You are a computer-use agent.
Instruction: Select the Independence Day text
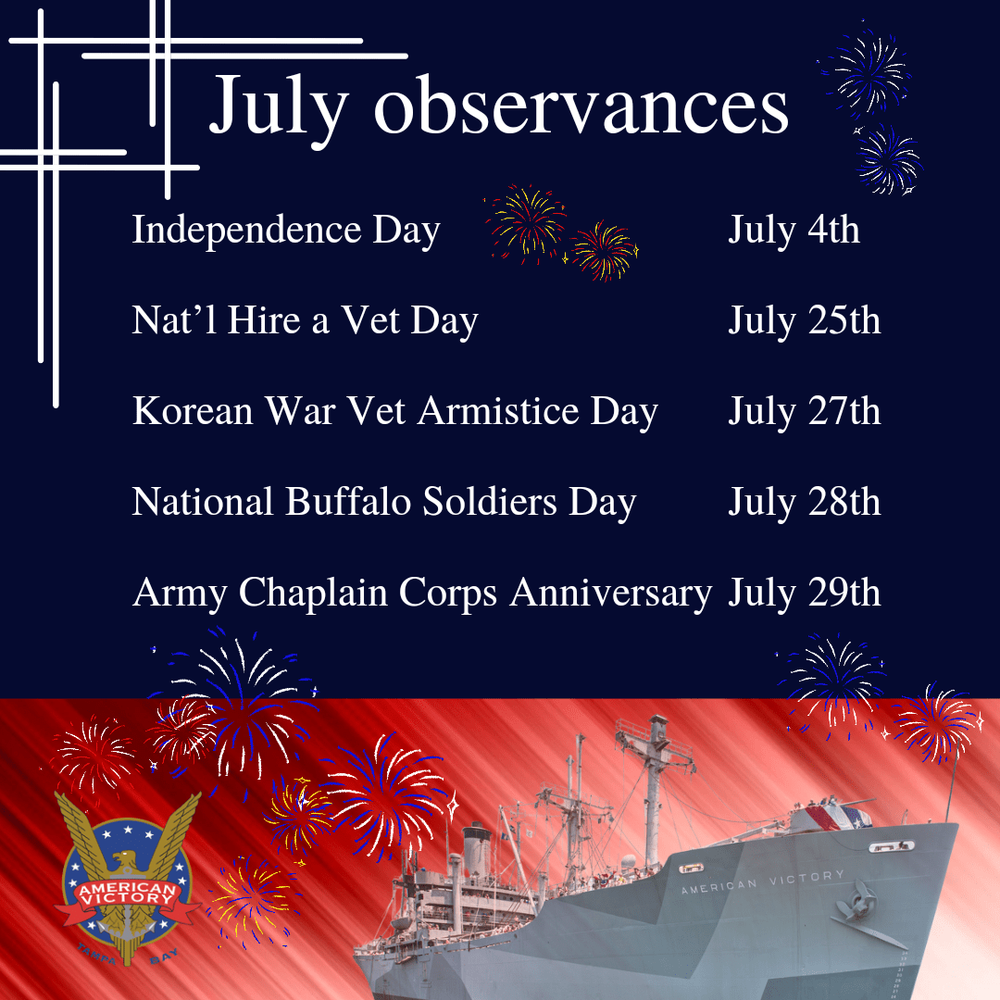[x=285, y=230]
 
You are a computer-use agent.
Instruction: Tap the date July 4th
[x=794, y=230]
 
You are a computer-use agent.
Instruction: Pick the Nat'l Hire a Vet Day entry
[x=305, y=320]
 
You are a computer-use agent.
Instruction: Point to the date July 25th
[x=804, y=320]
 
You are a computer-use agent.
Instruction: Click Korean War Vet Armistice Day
[x=394, y=411]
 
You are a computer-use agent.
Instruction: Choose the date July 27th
[x=804, y=411]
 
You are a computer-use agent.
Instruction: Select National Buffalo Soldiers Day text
[x=384, y=502]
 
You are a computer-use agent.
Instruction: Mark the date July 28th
[x=804, y=502]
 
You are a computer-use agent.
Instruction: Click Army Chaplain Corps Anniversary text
[x=422, y=593]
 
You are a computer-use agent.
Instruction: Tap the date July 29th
[x=804, y=593]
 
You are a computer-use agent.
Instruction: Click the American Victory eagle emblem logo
[x=127, y=880]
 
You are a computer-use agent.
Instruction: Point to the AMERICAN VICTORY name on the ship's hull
[x=762, y=881]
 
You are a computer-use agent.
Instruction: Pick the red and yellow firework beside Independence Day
[x=528, y=222]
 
